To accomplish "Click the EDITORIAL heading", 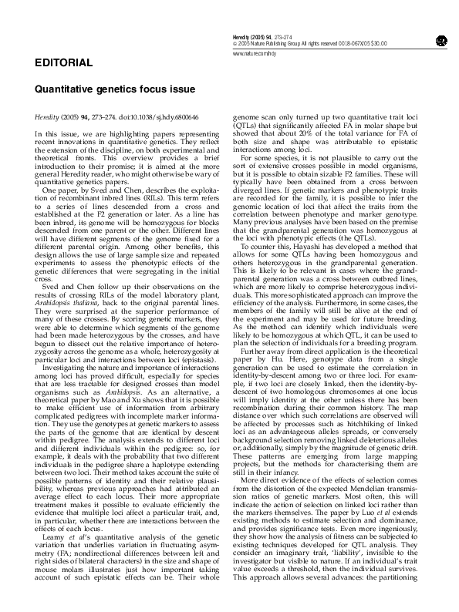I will coord(63,62).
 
